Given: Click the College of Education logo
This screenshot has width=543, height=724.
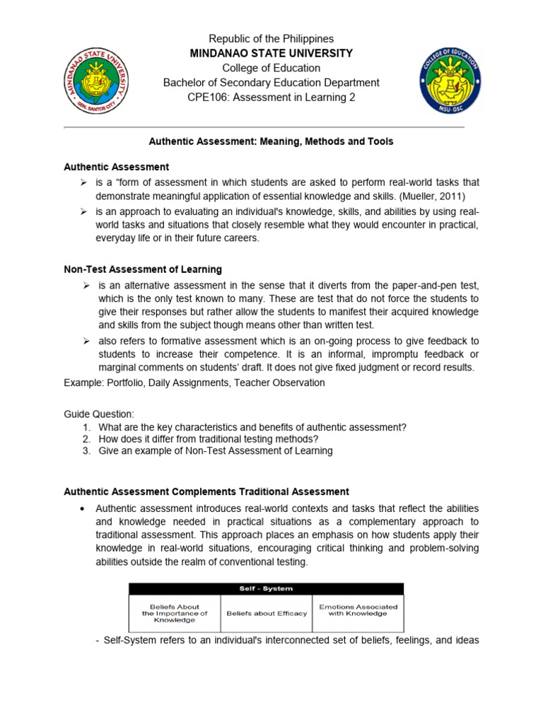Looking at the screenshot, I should click(449, 81).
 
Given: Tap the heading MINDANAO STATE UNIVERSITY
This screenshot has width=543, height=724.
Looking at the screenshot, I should click(271, 54).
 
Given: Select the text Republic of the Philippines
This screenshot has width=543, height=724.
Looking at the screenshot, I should click(271, 39).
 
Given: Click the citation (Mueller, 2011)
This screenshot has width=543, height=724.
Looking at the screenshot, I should click(430, 197).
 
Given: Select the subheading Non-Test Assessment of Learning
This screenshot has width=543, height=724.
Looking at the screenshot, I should click(143, 269).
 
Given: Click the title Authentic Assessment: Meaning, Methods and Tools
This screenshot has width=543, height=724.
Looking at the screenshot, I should click(271, 141).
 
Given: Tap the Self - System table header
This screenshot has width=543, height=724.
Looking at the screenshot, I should click(266, 588).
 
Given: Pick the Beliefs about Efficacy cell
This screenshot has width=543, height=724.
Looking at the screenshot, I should click(267, 613).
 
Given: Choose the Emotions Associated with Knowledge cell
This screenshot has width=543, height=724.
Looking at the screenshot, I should click(358, 610).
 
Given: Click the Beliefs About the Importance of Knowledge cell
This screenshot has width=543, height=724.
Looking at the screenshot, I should click(175, 613).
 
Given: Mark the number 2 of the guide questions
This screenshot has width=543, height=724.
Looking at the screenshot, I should click(86, 439).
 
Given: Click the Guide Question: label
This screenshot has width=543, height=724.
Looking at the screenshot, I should click(98, 414).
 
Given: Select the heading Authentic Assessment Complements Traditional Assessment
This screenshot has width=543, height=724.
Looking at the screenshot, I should click(206, 491).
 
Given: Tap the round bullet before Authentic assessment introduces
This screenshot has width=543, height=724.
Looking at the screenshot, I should click(84, 509).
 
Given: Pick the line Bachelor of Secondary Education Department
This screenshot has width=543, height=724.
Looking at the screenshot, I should click(271, 83).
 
